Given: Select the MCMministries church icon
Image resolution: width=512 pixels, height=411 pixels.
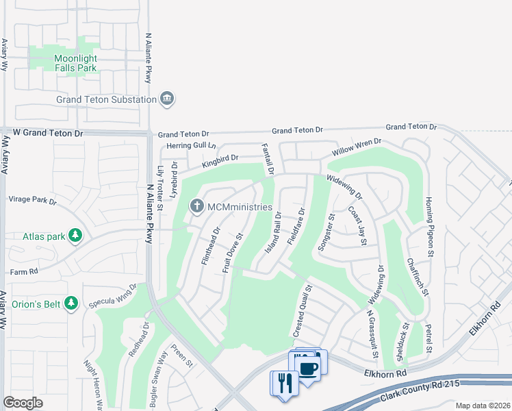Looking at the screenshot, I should tap(196, 206).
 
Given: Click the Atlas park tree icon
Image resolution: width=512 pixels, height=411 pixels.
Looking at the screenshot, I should tap(75, 237).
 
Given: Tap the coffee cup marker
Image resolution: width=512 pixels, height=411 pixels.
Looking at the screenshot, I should tap(309, 366).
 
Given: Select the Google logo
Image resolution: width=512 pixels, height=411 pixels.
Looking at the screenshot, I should tap(23, 403).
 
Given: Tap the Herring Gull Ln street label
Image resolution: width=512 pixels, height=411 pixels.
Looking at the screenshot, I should tap(188, 146).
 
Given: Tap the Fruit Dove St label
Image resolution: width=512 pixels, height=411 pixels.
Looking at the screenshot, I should tap(233, 254).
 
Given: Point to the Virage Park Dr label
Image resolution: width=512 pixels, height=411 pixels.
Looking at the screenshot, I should tap(32, 200).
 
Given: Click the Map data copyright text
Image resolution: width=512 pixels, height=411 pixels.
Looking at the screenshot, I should tap(483, 406).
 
